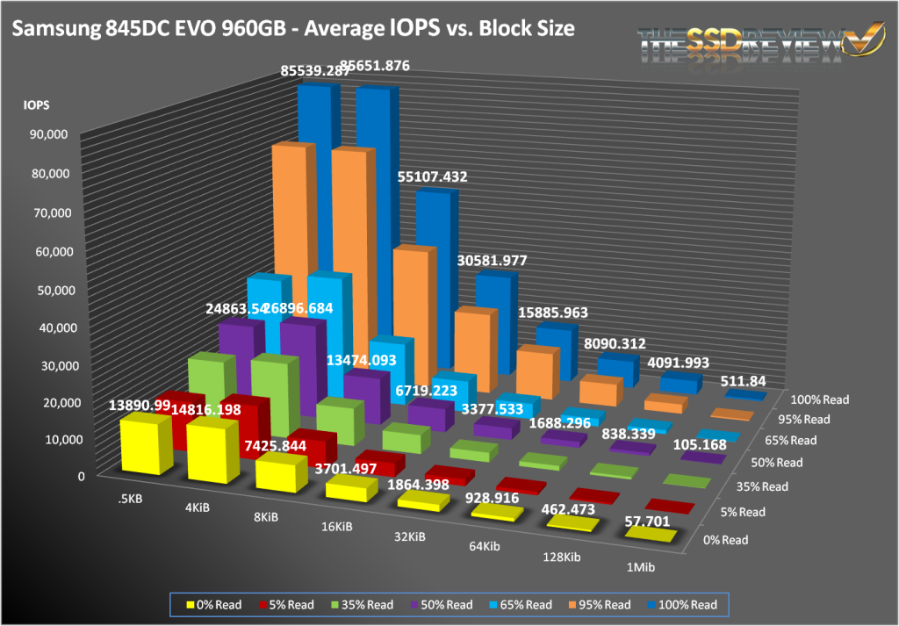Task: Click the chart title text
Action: [x=293, y=29]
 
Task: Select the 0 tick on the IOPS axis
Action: [x=80, y=476]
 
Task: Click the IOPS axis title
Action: [x=36, y=104]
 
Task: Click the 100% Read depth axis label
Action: [x=820, y=399]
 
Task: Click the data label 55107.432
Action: [x=432, y=176]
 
